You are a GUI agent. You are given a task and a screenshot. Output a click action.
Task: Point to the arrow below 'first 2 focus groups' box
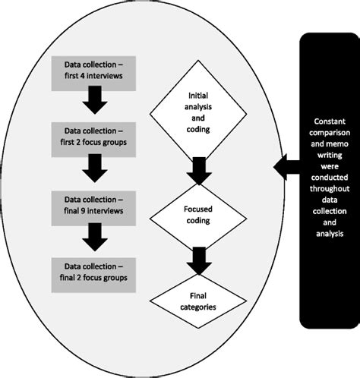pos(95,168)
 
